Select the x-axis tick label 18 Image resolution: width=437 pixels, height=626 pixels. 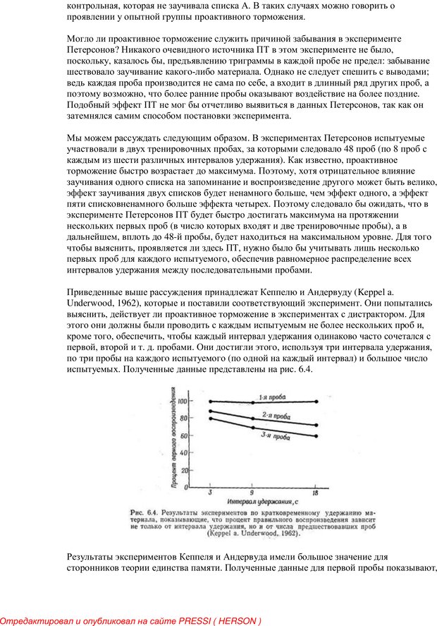click(x=316, y=494)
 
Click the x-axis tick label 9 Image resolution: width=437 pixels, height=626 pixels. click(x=252, y=494)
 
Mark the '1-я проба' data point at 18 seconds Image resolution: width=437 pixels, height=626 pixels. click(x=316, y=401)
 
